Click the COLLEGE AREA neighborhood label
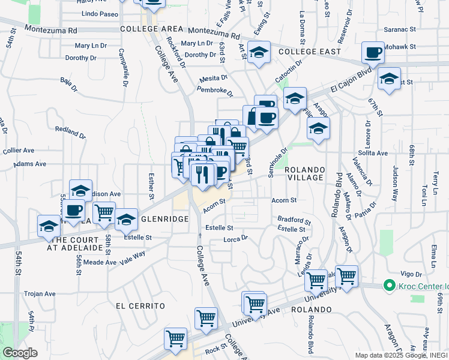(x=151, y=29)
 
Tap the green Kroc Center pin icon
(x=389, y=286)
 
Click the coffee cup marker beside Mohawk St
(x=373, y=53)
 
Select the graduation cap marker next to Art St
(x=259, y=53)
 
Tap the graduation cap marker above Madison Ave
(x=80, y=191)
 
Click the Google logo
(x=20, y=353)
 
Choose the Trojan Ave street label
(x=40, y=294)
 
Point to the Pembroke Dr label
(x=215, y=91)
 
